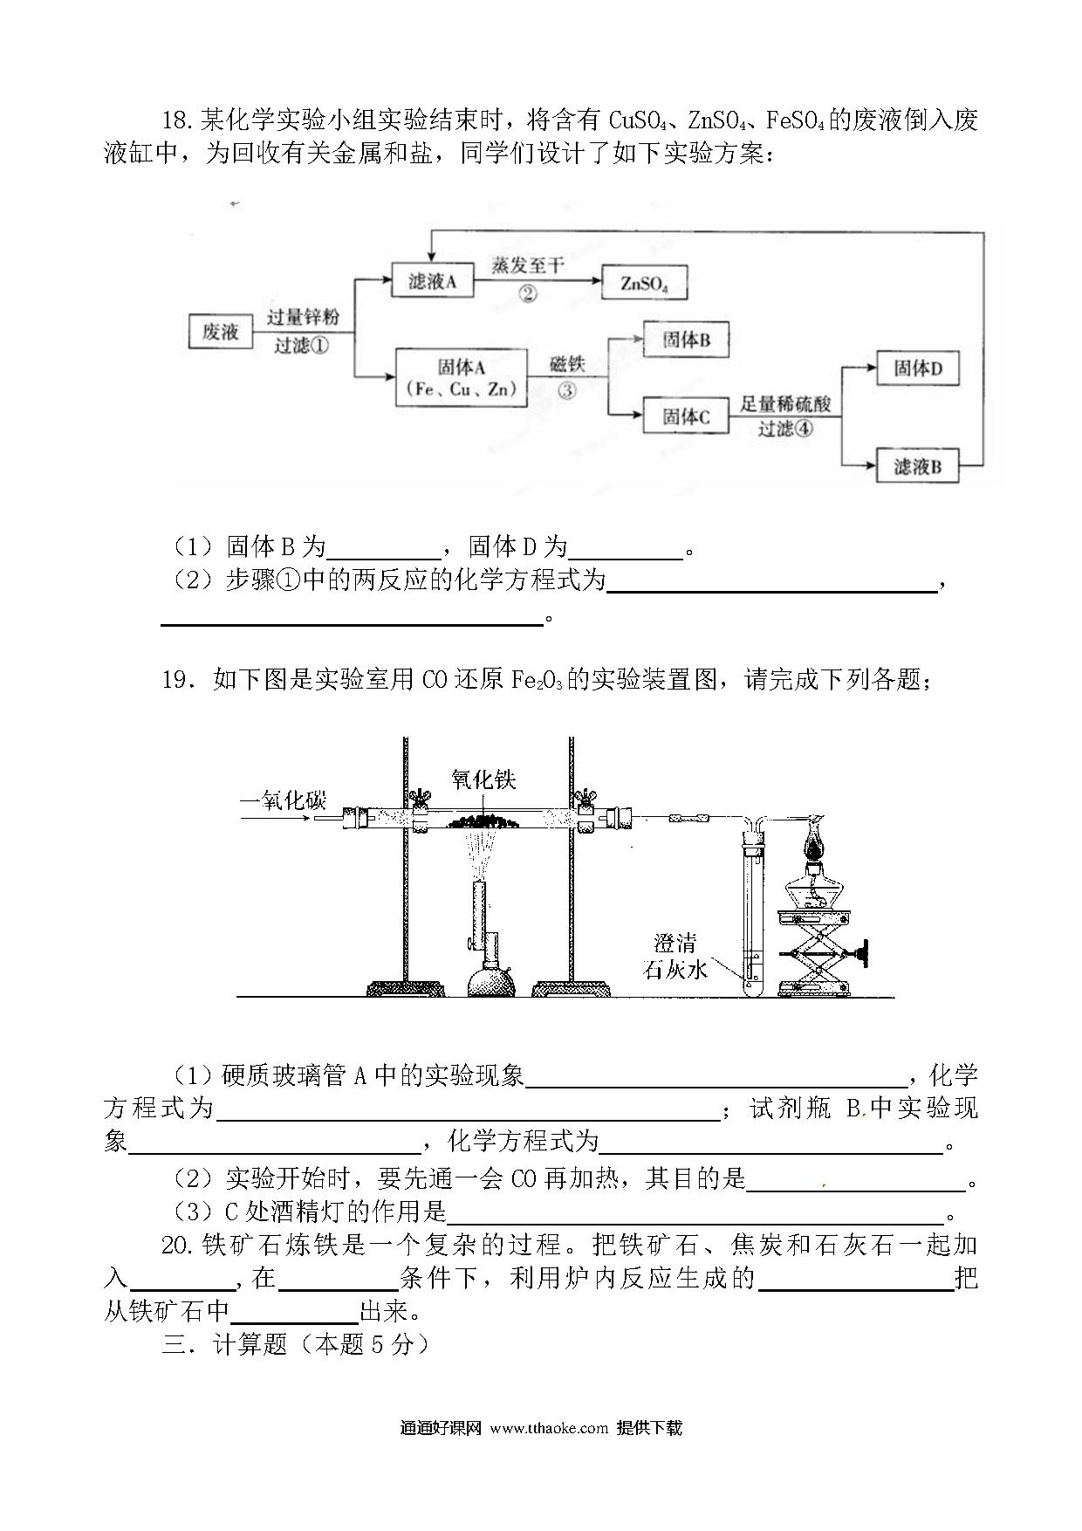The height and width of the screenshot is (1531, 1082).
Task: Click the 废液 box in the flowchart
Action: pyautogui.click(x=220, y=332)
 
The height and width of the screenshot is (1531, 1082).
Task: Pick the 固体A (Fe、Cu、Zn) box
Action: pyautogui.click(x=462, y=377)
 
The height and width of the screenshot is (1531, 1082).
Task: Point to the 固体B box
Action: pyautogui.click(x=686, y=340)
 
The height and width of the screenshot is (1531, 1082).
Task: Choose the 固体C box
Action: pyautogui.click(x=686, y=416)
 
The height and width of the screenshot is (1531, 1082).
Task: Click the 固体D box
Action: pyautogui.click(x=918, y=368)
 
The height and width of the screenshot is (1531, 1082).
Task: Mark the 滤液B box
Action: pyautogui.click(x=918, y=466)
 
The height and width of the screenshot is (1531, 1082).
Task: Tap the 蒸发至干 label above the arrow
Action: pyautogui.click(x=527, y=265)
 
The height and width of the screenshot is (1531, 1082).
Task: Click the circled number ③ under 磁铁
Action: pyautogui.click(x=567, y=390)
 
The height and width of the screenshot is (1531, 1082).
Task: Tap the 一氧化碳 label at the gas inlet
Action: pyautogui.click(x=283, y=800)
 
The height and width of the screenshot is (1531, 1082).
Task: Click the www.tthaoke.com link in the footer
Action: pyautogui.click(x=549, y=1428)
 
